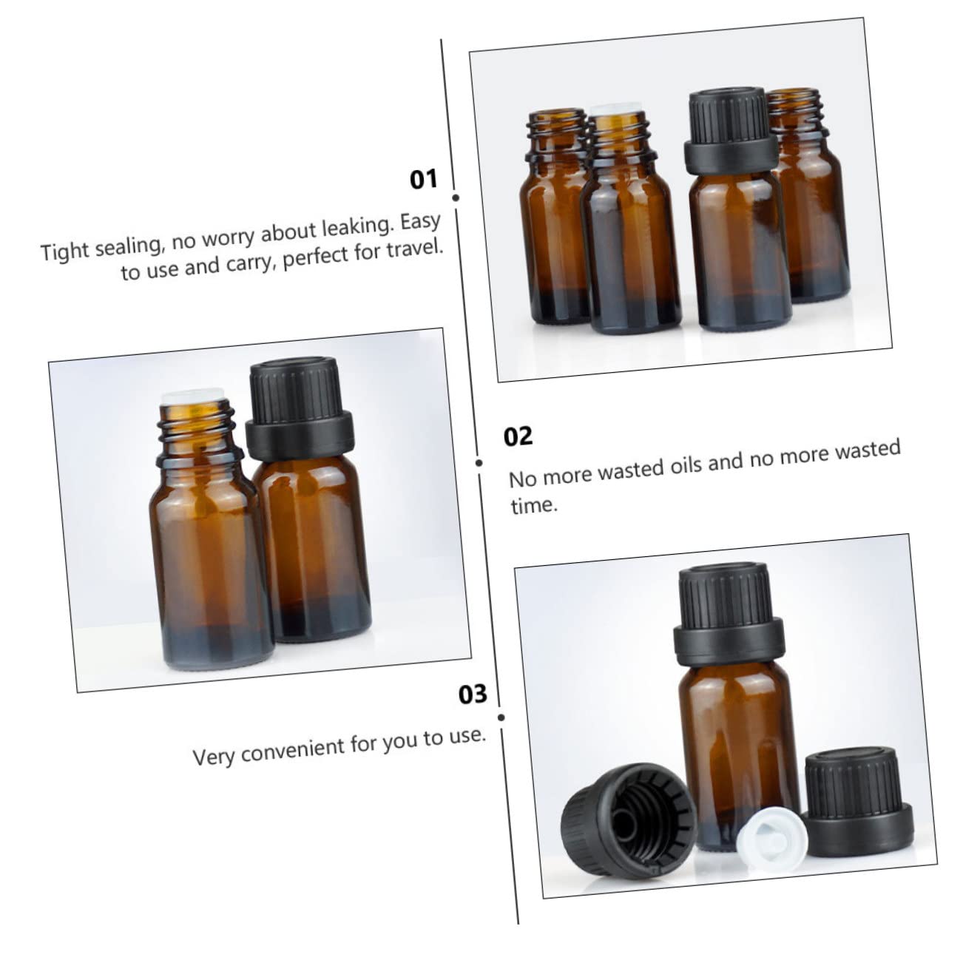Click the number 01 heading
(424, 180)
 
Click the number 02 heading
(518, 436)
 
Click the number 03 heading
(473, 695)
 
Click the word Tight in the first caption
(66, 250)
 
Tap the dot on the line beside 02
(479, 463)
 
